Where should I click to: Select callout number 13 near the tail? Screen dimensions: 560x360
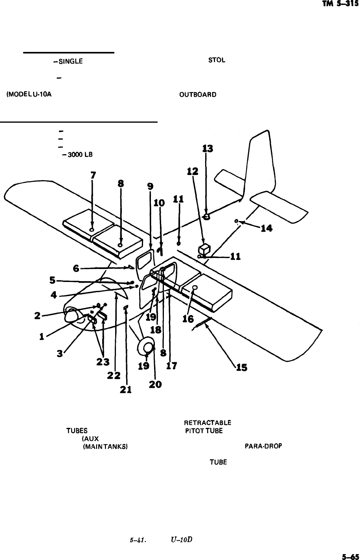click(x=207, y=149)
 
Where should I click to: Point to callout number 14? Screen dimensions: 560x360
click(x=266, y=228)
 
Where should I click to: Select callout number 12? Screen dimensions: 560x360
click(x=192, y=172)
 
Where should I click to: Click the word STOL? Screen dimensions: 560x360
click(x=217, y=61)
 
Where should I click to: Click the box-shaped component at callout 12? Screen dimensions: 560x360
click(x=204, y=249)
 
